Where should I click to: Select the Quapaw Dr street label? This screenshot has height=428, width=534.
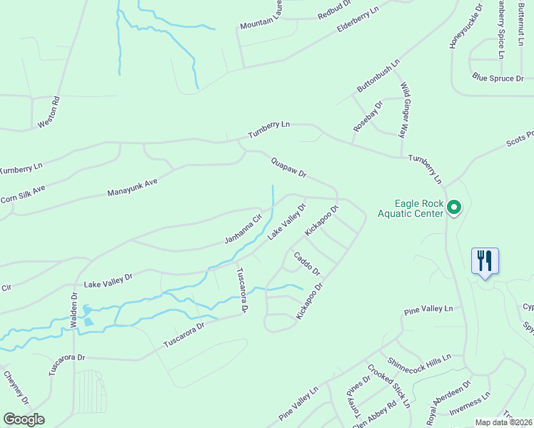(x=288, y=168)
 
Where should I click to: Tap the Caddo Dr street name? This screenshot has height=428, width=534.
(x=306, y=263)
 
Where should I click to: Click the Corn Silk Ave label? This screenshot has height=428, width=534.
(x=23, y=193)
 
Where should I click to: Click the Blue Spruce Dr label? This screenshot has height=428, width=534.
(x=498, y=78)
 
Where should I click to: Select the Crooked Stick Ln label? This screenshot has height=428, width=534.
(x=389, y=386)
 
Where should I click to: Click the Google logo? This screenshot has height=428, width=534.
(x=24, y=419)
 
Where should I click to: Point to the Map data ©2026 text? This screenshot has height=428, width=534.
(x=504, y=422)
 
